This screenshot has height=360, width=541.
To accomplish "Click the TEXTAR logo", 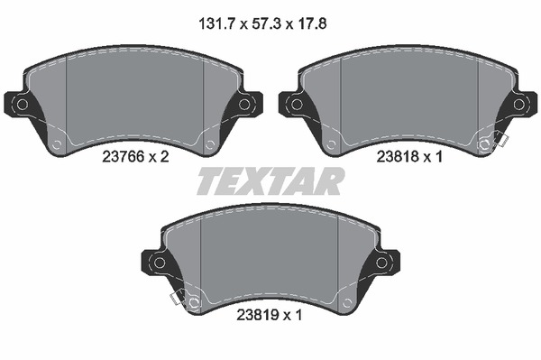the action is tap(270, 181).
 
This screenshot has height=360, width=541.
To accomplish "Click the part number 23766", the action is tap(124, 157).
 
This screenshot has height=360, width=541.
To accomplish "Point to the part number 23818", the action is tap(398, 157).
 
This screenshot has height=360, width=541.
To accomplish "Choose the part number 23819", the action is tap(257, 315).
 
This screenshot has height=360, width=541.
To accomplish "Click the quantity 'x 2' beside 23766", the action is tap(159, 157).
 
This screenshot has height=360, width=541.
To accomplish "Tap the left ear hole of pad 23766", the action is tap(22, 105).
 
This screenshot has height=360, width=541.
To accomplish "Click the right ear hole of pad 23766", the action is tap(244, 105).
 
